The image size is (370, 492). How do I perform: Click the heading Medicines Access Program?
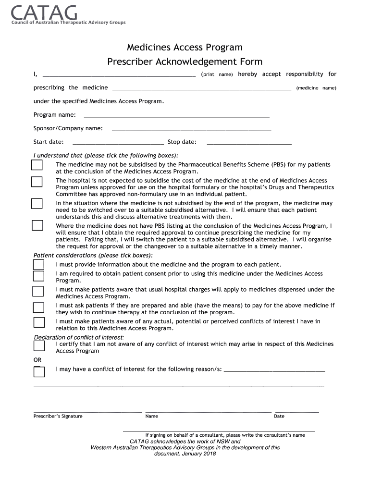pos(185,47)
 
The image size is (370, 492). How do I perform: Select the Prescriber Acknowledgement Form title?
pos(185,61)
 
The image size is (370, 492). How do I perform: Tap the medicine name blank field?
pos(201,89)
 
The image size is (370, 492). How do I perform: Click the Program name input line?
pos(176,116)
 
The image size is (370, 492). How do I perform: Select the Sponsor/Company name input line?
pos(191,130)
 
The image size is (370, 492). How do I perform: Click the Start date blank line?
pos(118,143)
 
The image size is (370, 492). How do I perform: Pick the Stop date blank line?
pos(249,143)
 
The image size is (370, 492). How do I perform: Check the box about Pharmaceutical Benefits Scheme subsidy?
pos(37,165)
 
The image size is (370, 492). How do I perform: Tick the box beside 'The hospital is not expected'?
pos(37,182)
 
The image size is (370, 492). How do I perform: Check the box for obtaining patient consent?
pos(38,276)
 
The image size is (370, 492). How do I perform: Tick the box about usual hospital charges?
pos(38,291)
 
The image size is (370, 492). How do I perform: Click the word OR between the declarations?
pos(37,360)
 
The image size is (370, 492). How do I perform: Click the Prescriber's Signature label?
pos(58,416)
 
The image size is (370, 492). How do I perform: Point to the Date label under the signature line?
pos(279,416)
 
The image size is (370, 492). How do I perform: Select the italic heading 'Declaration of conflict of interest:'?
pos(79,337)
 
